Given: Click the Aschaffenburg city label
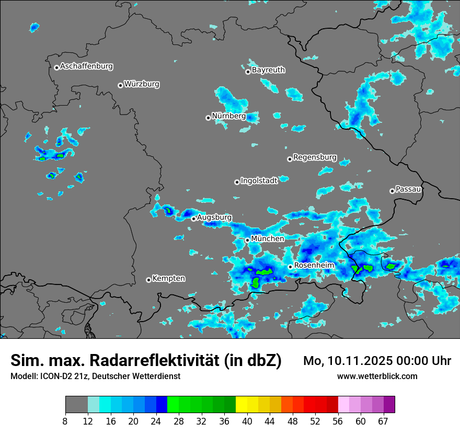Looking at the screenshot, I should point(86,66).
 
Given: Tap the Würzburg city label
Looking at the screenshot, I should point(142,84).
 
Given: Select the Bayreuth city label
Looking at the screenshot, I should point(268,70).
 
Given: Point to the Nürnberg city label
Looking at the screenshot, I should point(228,116).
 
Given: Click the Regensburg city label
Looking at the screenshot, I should point(315,157).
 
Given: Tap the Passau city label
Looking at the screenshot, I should point(408,189).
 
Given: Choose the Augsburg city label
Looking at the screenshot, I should point(214,217).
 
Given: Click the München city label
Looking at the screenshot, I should point(268,238).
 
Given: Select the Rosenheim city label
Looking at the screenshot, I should point(314,265).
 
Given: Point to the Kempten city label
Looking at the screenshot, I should point(168,278).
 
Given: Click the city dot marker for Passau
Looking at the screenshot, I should point(392,191).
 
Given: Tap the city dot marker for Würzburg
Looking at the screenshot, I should point(120,85).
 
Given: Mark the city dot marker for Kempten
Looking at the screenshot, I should point(148,280).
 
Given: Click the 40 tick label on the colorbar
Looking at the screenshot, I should point(247,421).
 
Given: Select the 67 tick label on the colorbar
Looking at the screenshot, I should point(383,421).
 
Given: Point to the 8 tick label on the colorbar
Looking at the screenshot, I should point(65,421).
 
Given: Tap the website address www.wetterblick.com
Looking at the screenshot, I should point(377,376).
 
